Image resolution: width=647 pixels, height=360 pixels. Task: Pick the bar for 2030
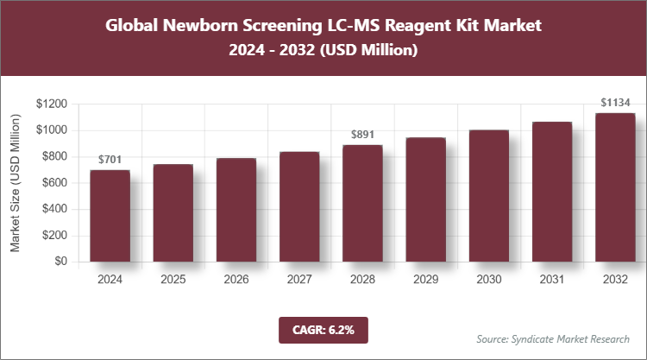pyautogui.click(x=488, y=196)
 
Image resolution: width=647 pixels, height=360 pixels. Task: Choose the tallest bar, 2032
pyautogui.click(x=614, y=187)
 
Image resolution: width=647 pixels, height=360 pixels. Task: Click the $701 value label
pyautogui.click(x=110, y=160)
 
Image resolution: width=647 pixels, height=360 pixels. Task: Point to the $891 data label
pyautogui.click(x=362, y=135)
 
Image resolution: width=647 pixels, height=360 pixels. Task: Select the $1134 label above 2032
pyautogui.click(x=615, y=103)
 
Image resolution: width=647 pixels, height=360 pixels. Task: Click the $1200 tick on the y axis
pyautogui.click(x=53, y=104)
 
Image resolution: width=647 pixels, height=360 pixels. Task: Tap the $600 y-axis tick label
pyautogui.click(x=55, y=183)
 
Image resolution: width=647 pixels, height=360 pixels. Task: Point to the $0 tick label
pyautogui.click(x=61, y=262)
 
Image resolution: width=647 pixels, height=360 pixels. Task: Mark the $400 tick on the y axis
pyautogui.click(x=55, y=209)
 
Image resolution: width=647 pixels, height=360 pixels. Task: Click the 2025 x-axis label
pyautogui.click(x=173, y=280)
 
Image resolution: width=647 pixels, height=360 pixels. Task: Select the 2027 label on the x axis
pyautogui.click(x=299, y=280)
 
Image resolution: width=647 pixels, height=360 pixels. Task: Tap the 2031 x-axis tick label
pyautogui.click(x=551, y=280)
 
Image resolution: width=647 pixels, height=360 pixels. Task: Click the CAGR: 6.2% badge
pyautogui.click(x=323, y=329)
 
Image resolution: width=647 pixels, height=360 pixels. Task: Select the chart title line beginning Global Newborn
pyautogui.click(x=323, y=25)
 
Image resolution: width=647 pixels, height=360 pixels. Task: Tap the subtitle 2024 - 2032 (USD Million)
pyautogui.click(x=323, y=51)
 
